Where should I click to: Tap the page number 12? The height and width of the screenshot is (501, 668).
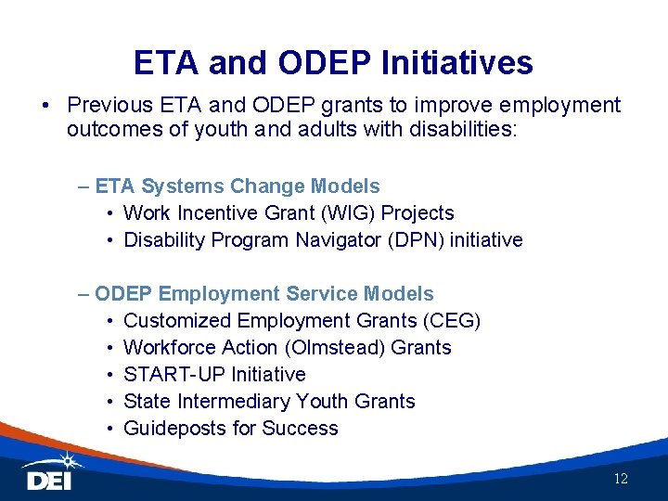coord(621,479)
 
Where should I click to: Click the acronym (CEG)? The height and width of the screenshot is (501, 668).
coord(449,321)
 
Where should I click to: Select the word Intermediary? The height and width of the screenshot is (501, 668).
coord(239,402)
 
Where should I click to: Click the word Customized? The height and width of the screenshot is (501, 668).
coord(177,321)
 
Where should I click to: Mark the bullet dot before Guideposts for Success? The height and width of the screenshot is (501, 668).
coord(109,429)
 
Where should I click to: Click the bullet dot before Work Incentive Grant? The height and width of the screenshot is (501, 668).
coord(109,213)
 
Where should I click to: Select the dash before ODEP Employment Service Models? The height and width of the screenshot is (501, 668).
coord(85,294)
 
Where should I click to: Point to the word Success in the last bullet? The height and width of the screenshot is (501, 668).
coord(300,429)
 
